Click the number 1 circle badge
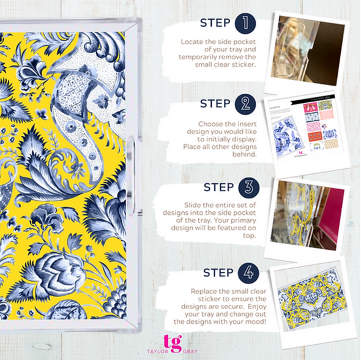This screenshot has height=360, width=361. [244, 24]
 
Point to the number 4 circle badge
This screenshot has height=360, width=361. [248, 272]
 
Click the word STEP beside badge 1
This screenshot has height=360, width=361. [215, 24]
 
